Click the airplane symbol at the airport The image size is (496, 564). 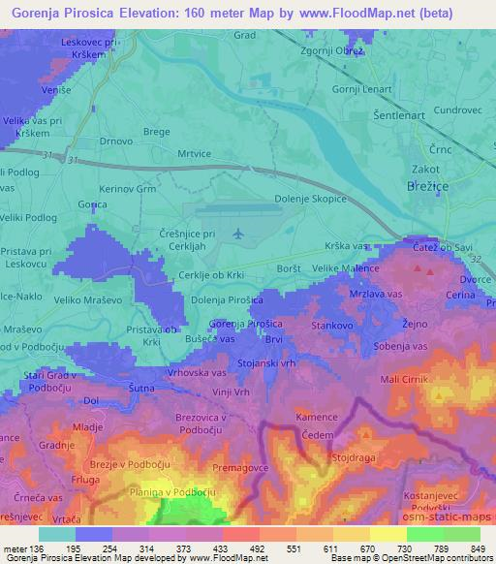238,233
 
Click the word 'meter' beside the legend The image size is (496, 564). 15,549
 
